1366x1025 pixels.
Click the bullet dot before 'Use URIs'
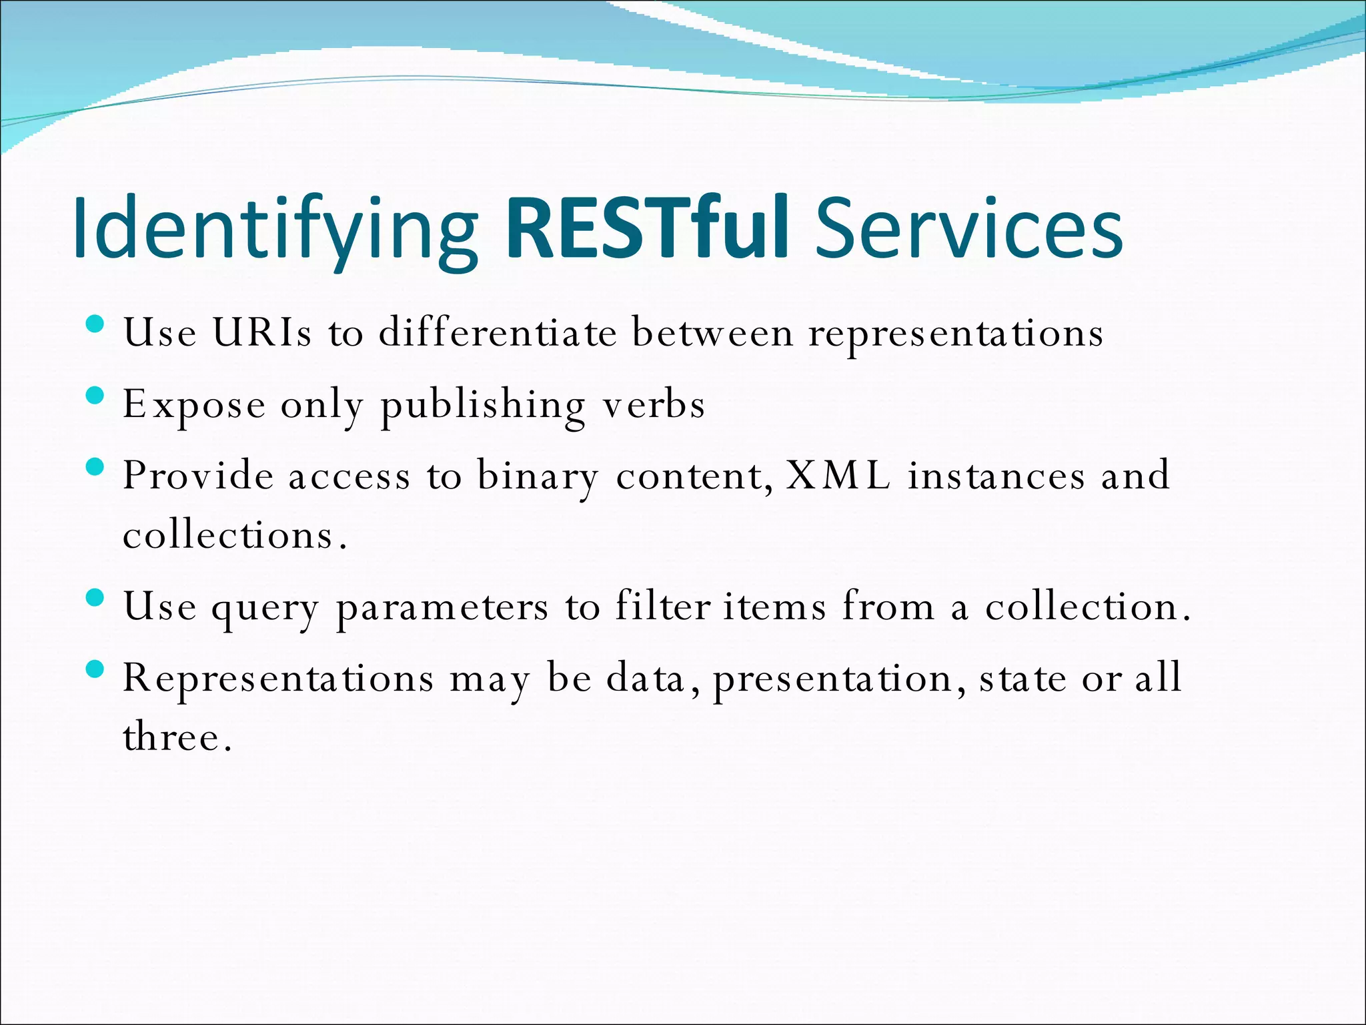tap(95, 325)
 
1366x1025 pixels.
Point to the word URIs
tap(261, 332)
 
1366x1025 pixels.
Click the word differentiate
tap(498, 332)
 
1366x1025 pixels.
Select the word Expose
tap(194, 405)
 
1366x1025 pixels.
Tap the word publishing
tap(482, 405)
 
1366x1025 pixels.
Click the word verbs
tap(654, 405)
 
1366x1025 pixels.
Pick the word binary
tap(538, 476)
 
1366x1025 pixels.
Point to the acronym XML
tap(838, 475)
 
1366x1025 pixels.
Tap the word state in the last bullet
tap(1022, 679)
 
